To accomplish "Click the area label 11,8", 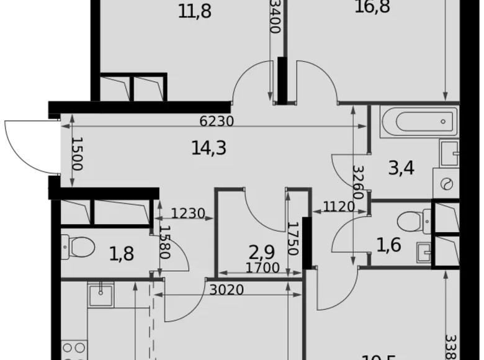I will point(195,11).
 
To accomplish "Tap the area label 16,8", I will point(373,8).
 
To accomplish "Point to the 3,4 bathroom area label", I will point(401,168).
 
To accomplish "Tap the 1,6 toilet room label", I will point(388,245).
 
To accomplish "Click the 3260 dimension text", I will point(357,182).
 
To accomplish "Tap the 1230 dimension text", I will point(187,214).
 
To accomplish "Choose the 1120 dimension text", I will point(338,207).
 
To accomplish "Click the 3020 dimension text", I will point(226,290).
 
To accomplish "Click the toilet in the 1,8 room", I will point(77,247).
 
